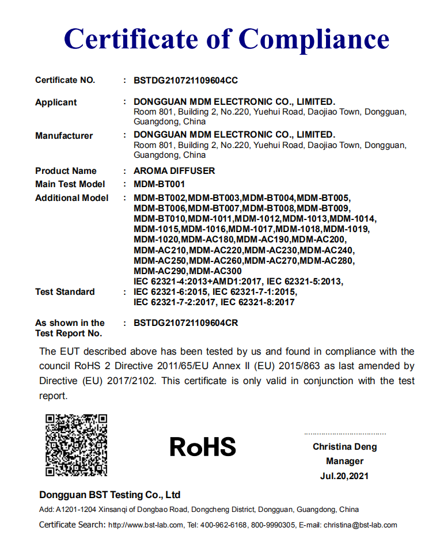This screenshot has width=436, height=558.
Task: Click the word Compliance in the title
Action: [314, 39]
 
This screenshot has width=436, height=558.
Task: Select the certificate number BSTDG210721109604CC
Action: [185, 81]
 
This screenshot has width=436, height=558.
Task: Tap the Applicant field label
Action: [56, 103]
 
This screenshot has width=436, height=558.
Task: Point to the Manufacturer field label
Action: [64, 136]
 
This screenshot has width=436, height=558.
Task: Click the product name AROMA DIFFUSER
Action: [174, 171]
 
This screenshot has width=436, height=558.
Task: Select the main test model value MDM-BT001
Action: [160, 184]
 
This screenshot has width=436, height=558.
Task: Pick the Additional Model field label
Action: [71, 198]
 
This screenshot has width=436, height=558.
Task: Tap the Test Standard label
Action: [65, 292]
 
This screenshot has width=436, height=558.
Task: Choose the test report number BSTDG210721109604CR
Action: [185, 323]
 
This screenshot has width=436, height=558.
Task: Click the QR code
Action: [77, 445]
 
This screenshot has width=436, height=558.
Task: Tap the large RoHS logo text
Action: [203, 447]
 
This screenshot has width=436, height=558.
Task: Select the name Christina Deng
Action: [345, 447]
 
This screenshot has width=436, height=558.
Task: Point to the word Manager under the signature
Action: [344, 461]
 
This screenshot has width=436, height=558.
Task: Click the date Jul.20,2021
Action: [344, 476]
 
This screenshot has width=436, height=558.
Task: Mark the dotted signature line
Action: [345, 434]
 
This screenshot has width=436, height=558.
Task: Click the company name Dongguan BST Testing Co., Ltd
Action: [110, 495]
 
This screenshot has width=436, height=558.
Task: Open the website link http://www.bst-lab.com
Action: [146, 525]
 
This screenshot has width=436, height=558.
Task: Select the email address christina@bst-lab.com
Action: [360, 525]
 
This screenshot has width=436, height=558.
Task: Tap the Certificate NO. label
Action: [65, 81]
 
